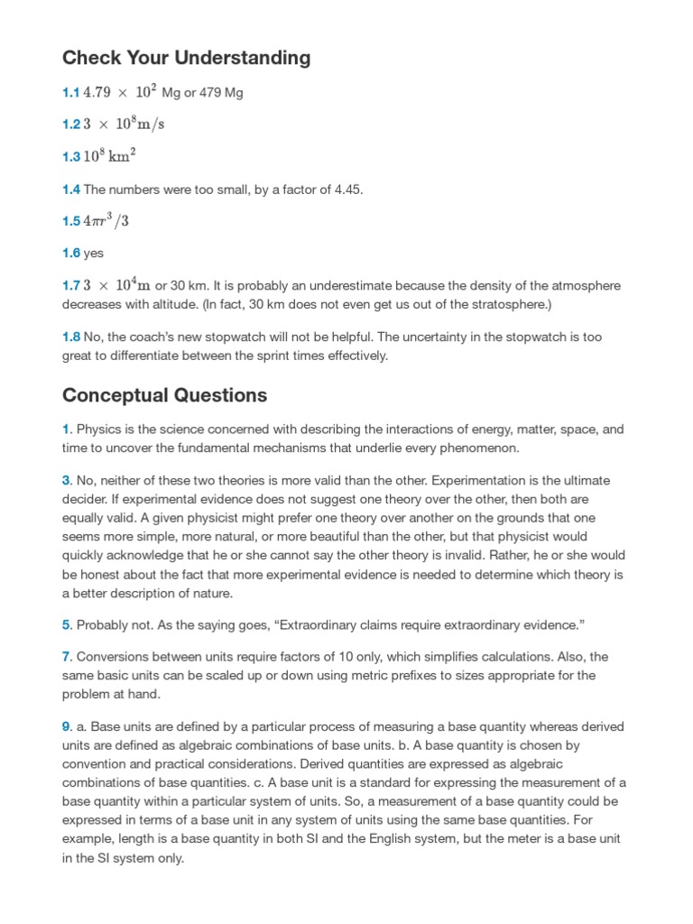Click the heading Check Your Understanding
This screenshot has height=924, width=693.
(x=186, y=58)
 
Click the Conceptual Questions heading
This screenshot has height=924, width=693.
(x=164, y=395)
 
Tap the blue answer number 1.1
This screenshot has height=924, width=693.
(x=70, y=92)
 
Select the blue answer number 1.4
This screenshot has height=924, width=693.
(x=71, y=189)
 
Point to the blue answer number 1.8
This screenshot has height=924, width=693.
(x=71, y=337)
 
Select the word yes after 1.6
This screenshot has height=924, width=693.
(x=94, y=254)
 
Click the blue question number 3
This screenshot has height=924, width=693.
(x=66, y=480)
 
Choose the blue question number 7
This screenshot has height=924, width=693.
(x=66, y=656)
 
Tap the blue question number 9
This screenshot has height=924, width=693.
(x=66, y=726)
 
